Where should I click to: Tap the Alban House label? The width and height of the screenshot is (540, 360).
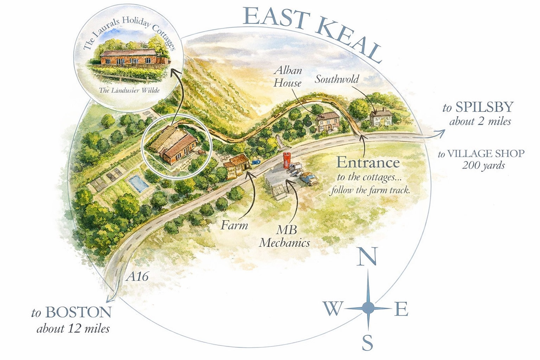(x=288, y=76)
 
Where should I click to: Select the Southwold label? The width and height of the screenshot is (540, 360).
(x=336, y=79)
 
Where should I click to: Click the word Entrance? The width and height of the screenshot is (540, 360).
(x=368, y=162)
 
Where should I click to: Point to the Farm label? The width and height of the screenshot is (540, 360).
(x=234, y=225)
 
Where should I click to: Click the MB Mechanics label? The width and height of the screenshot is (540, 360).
(x=284, y=237)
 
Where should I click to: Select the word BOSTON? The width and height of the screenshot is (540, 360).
(x=78, y=312)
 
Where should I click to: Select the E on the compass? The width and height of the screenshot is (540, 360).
(x=401, y=309)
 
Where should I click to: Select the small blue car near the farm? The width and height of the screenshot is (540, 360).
(x=256, y=162)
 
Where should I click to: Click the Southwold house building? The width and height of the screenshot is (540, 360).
(x=380, y=117)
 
